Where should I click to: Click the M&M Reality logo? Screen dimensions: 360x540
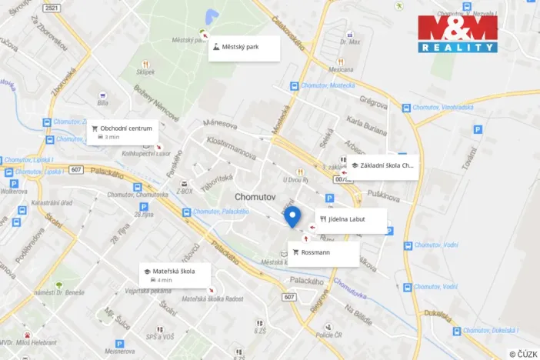pyautogui.click(x=458, y=33)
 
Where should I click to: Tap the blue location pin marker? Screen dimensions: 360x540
pyautogui.click(x=292, y=217)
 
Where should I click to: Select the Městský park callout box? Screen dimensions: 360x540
pyautogui.click(x=243, y=48)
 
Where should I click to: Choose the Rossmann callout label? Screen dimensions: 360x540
pyautogui.click(x=324, y=253)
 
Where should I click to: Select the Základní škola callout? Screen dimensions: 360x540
pyautogui.click(x=382, y=165)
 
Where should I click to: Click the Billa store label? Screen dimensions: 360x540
pyautogui.click(x=103, y=102)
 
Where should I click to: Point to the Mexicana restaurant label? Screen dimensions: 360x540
pyautogui.click(x=341, y=68)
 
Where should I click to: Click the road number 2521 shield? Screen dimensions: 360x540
pyautogui.click(x=52, y=8)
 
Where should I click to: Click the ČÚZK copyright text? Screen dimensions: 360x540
pyautogui.click(x=522, y=353)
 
